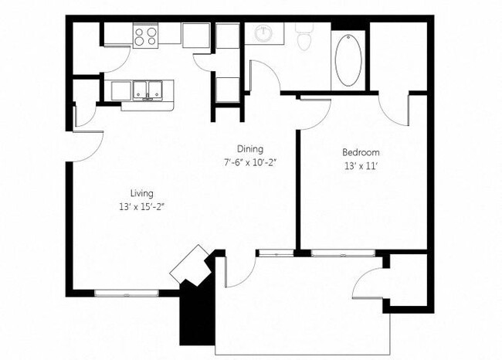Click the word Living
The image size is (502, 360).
pos(141,193)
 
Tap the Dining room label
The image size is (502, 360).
pos(250,149)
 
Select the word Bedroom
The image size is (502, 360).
pos(361,152)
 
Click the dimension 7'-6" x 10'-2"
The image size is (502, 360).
pos(250,162)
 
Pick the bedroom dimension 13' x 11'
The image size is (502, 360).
pos(361,166)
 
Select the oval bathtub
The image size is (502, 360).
pos(348,59)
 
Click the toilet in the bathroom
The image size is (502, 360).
pos(303,36)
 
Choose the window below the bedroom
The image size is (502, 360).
pos(343,252)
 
